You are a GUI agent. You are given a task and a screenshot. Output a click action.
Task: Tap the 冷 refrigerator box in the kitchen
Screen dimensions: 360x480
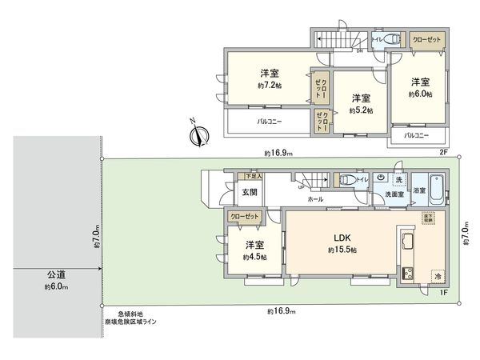438,275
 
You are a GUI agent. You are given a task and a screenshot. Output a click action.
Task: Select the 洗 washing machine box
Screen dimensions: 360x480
398,179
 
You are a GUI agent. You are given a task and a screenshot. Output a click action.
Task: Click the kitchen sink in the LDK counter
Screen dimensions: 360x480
405,242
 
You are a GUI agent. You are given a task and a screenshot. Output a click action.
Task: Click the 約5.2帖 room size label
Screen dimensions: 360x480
361,110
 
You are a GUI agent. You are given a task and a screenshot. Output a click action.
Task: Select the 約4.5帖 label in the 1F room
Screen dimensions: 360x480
255,258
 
